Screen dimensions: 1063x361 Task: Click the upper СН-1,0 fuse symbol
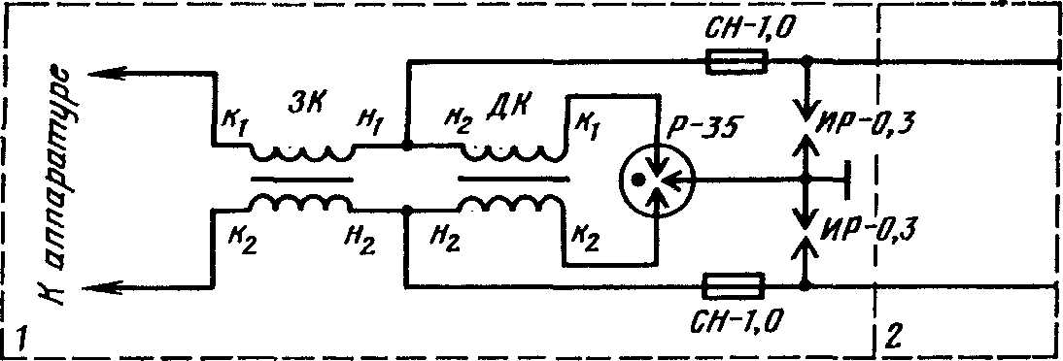coord(737,61)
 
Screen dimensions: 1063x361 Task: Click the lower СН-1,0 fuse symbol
coord(735,286)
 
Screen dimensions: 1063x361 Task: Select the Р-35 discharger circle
coord(654,180)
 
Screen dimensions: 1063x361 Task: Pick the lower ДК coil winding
coord(511,202)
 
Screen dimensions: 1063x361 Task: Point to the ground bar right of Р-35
coord(847,180)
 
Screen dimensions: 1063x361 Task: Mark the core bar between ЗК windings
coord(301,180)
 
